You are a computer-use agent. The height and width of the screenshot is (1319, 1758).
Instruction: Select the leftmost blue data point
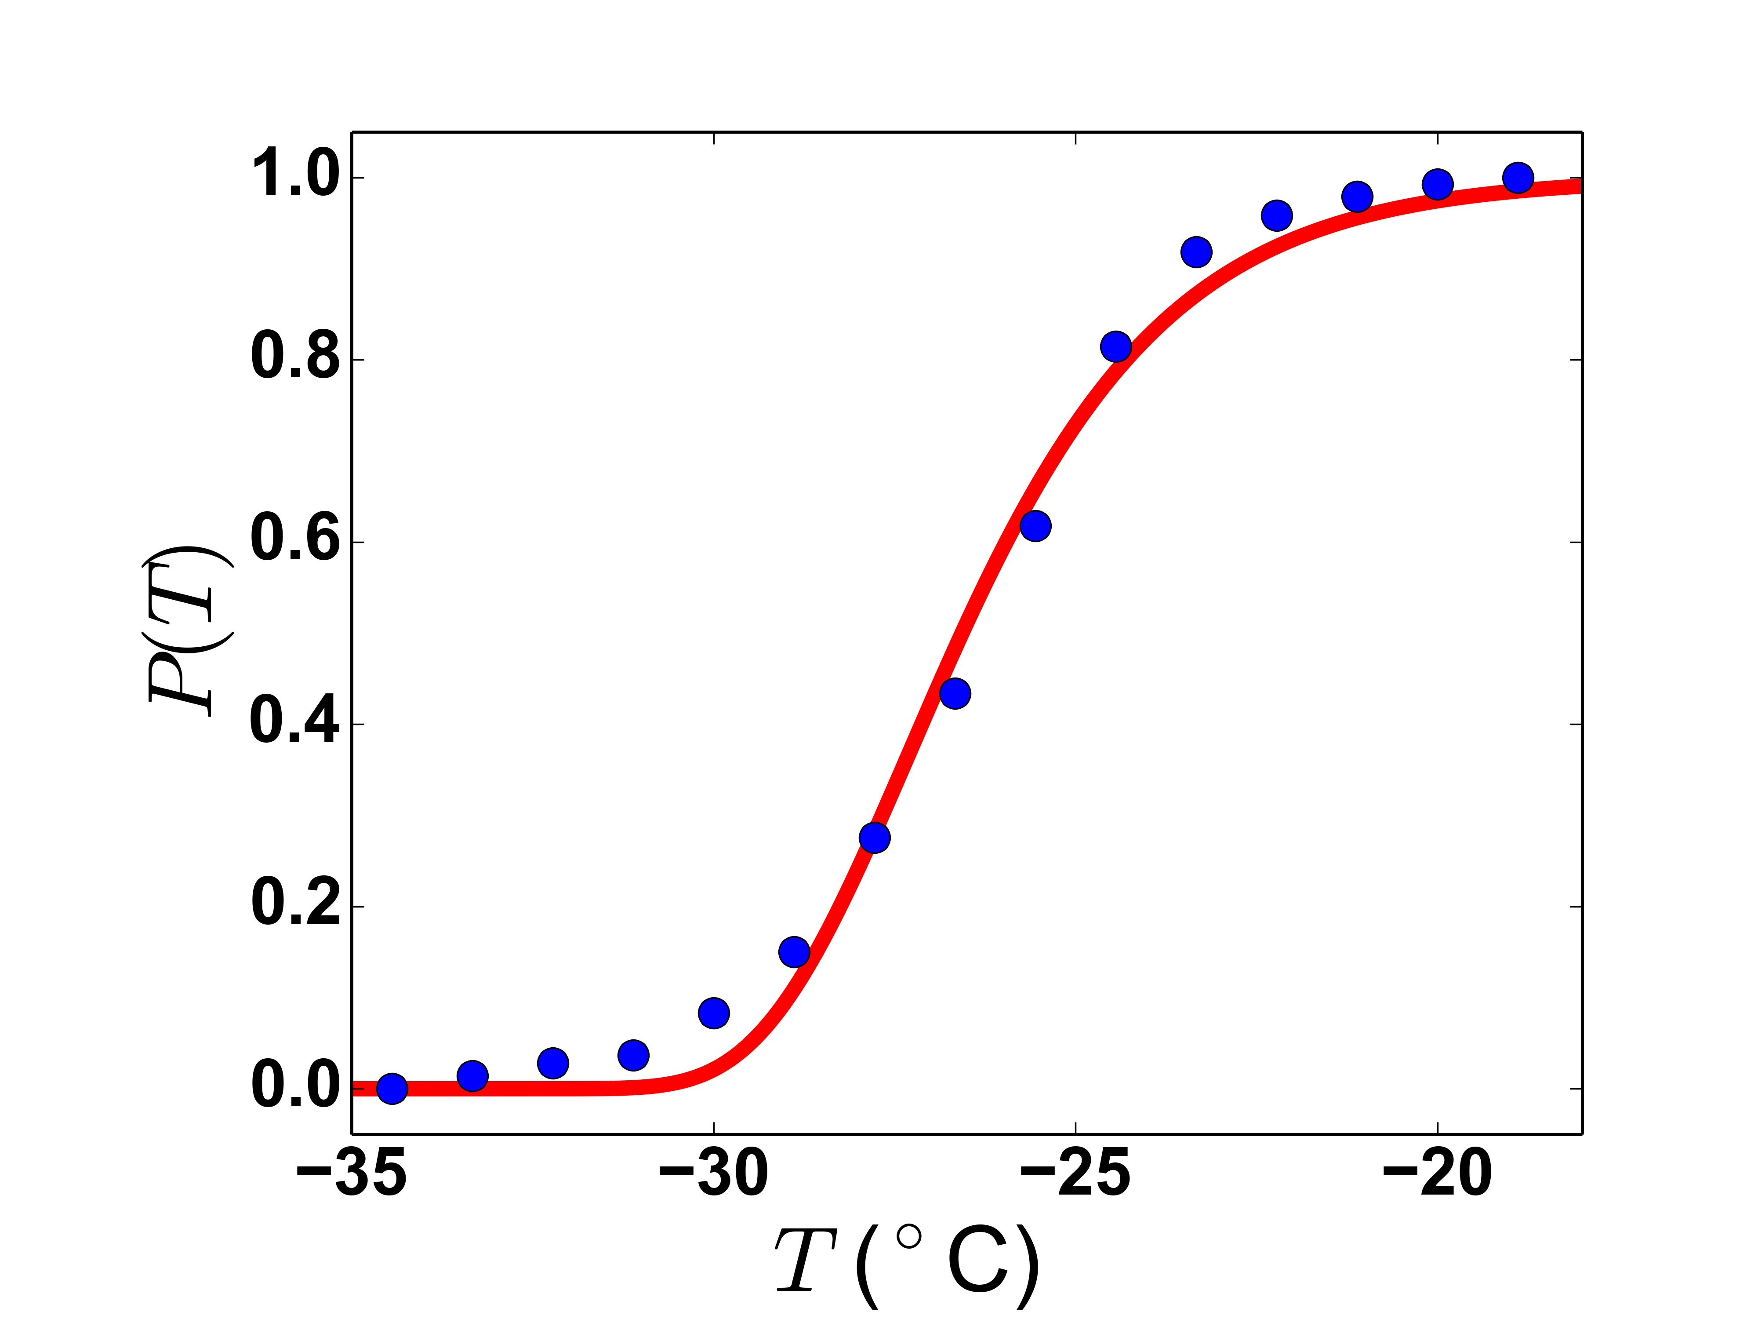pyautogui.click(x=392, y=1088)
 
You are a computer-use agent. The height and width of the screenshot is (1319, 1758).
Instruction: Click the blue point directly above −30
pyautogui.click(x=714, y=1013)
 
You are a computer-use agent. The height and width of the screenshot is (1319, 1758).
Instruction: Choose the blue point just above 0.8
pyautogui.click(x=1116, y=346)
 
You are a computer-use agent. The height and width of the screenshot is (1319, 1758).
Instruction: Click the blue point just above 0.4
pyautogui.click(x=955, y=693)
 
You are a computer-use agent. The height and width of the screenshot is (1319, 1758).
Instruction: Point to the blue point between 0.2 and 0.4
pyautogui.click(x=874, y=837)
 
